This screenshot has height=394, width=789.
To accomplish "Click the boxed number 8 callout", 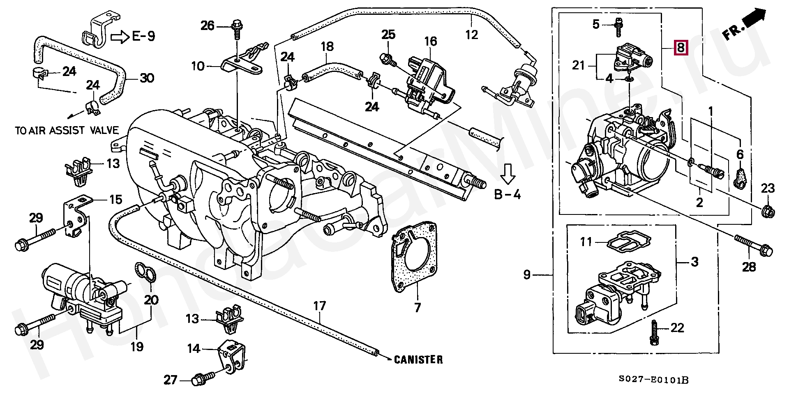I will click(x=681, y=48).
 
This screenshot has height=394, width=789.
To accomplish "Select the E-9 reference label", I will click(x=143, y=36).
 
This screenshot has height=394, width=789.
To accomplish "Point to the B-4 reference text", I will click(x=508, y=194).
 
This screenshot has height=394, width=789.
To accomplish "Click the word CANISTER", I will click(x=418, y=360).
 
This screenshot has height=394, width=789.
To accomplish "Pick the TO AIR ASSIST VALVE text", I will click(x=67, y=131).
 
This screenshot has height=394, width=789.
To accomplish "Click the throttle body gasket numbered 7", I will click(x=414, y=256).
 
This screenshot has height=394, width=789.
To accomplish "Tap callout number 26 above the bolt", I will click(x=208, y=25).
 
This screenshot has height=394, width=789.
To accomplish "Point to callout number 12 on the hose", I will click(x=472, y=35).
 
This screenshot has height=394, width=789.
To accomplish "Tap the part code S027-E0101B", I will click(x=653, y=380).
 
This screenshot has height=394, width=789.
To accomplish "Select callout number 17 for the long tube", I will click(x=319, y=306).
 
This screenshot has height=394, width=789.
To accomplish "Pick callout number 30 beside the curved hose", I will click(x=147, y=78).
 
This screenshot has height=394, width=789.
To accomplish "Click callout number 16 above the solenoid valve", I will click(x=430, y=41).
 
